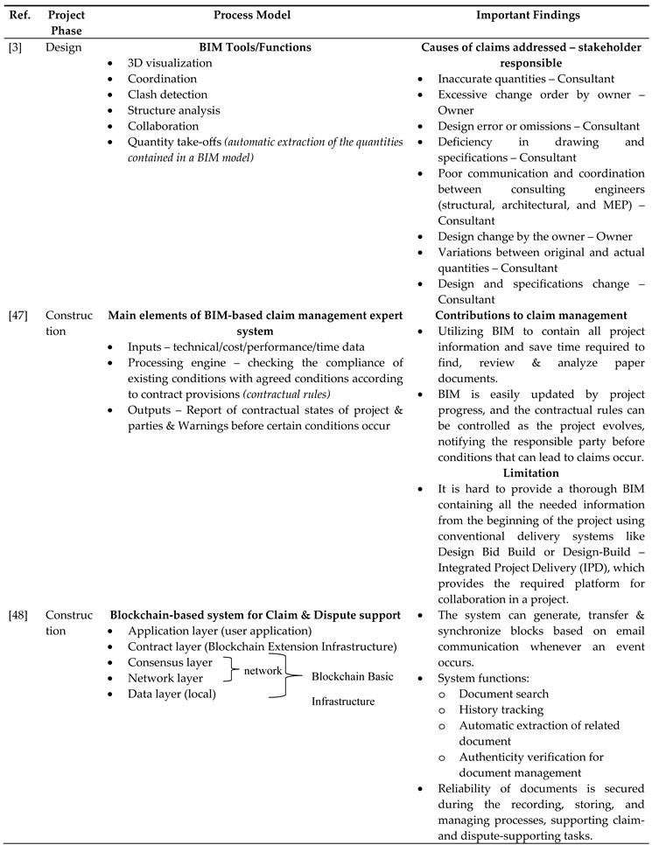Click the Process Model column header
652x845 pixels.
[x=256, y=16]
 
